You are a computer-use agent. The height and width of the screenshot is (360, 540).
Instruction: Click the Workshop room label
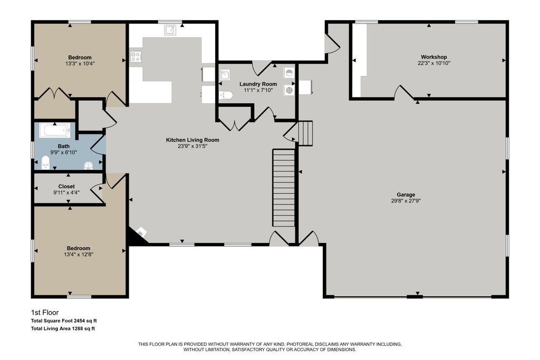coord(433,57)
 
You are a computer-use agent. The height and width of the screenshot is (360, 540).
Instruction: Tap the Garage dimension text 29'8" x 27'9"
coord(406,201)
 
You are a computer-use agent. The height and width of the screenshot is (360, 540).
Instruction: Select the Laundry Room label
coord(258,84)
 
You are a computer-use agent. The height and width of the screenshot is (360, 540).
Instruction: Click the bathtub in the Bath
coord(55,130)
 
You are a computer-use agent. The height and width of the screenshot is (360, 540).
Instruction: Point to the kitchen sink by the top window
coord(170,30)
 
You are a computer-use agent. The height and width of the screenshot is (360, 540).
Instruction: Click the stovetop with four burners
coord(136,57)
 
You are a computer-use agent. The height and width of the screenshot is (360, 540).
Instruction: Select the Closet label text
coord(66,187)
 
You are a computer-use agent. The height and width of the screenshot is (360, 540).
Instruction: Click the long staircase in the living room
coord(284,188)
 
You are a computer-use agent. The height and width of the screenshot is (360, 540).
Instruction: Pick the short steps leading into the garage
coord(305,133)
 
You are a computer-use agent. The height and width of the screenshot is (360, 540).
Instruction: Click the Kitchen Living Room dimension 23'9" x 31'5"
coord(192,146)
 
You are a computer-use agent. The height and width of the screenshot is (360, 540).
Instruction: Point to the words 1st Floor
coord(45,313)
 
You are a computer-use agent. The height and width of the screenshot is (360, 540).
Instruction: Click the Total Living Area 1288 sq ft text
coord(63,329)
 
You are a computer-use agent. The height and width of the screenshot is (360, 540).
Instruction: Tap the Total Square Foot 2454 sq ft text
coord(64,321)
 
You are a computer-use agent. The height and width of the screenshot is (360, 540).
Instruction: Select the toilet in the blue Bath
coord(45,163)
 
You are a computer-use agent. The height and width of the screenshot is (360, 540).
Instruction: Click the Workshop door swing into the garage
coord(403,92)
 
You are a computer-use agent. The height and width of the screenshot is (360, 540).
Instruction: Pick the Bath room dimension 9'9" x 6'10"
coord(64,152)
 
